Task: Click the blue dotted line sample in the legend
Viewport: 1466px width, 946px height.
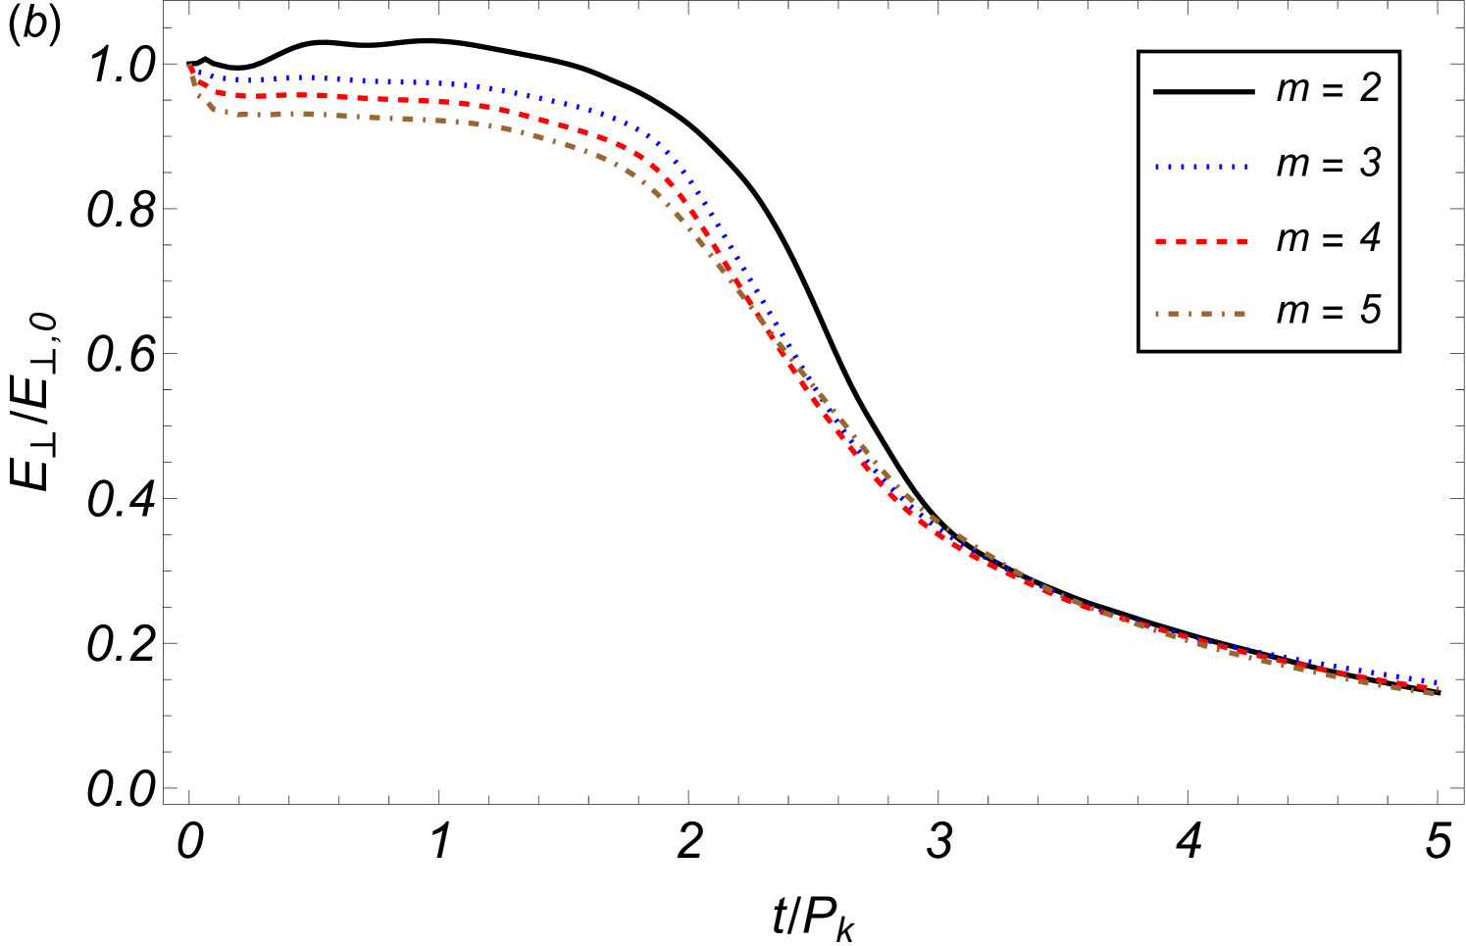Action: pyautogui.click(x=1201, y=168)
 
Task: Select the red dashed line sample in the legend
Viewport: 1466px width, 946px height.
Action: pyautogui.click(x=1201, y=241)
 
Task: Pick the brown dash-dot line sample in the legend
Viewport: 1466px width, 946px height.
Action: pyautogui.click(x=1201, y=314)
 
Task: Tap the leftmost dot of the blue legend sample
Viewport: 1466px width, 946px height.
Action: pyautogui.click(x=1157, y=168)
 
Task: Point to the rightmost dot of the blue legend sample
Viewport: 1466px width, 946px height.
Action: pyautogui.click(x=1245, y=168)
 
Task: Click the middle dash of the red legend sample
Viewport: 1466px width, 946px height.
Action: pyautogui.click(x=1201, y=241)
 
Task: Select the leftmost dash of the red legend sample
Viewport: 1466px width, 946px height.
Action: pyautogui.click(x=1162, y=241)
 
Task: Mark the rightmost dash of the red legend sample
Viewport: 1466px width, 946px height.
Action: pyautogui.click(x=1241, y=241)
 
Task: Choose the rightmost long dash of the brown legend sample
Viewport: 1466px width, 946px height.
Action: pyautogui.click(x=1239, y=314)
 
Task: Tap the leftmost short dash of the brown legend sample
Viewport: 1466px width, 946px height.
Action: pyautogui.click(x=1157, y=314)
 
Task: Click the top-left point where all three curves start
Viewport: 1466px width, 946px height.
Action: pyautogui.click(x=189, y=66)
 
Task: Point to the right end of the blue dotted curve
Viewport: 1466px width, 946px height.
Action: pyautogui.click(x=1437, y=681)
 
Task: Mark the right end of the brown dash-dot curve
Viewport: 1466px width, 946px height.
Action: pyautogui.click(x=1435, y=694)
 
